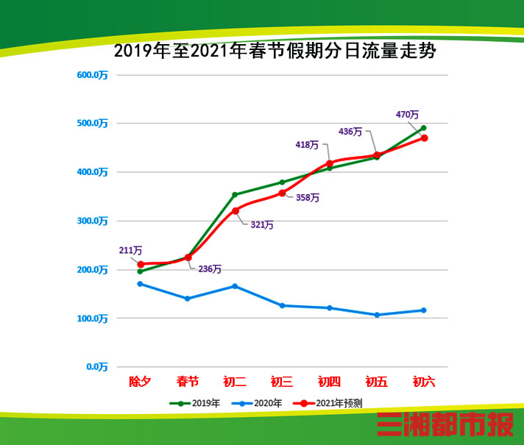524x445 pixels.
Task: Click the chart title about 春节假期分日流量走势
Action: pos(266,52)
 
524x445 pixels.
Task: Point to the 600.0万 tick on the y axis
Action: pos(93,75)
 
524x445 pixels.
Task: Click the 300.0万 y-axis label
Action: pos(93,221)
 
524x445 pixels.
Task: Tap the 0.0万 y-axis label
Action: pos(96,367)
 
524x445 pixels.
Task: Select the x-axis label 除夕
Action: pos(140,382)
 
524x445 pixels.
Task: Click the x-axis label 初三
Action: pos(282,382)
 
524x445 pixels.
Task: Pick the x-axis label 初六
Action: pos(424,382)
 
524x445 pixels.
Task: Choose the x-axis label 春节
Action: pos(187,382)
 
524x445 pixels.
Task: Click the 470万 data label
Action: pos(407,115)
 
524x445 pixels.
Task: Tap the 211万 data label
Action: pos(130,251)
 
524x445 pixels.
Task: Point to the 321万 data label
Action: pos(262,225)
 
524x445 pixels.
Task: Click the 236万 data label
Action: pos(210,269)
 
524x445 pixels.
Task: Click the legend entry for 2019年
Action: pos(195,403)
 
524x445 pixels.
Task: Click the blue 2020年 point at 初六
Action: pos(424,310)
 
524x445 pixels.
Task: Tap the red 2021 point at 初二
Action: pos(236,211)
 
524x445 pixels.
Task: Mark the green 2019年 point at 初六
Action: pos(424,128)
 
